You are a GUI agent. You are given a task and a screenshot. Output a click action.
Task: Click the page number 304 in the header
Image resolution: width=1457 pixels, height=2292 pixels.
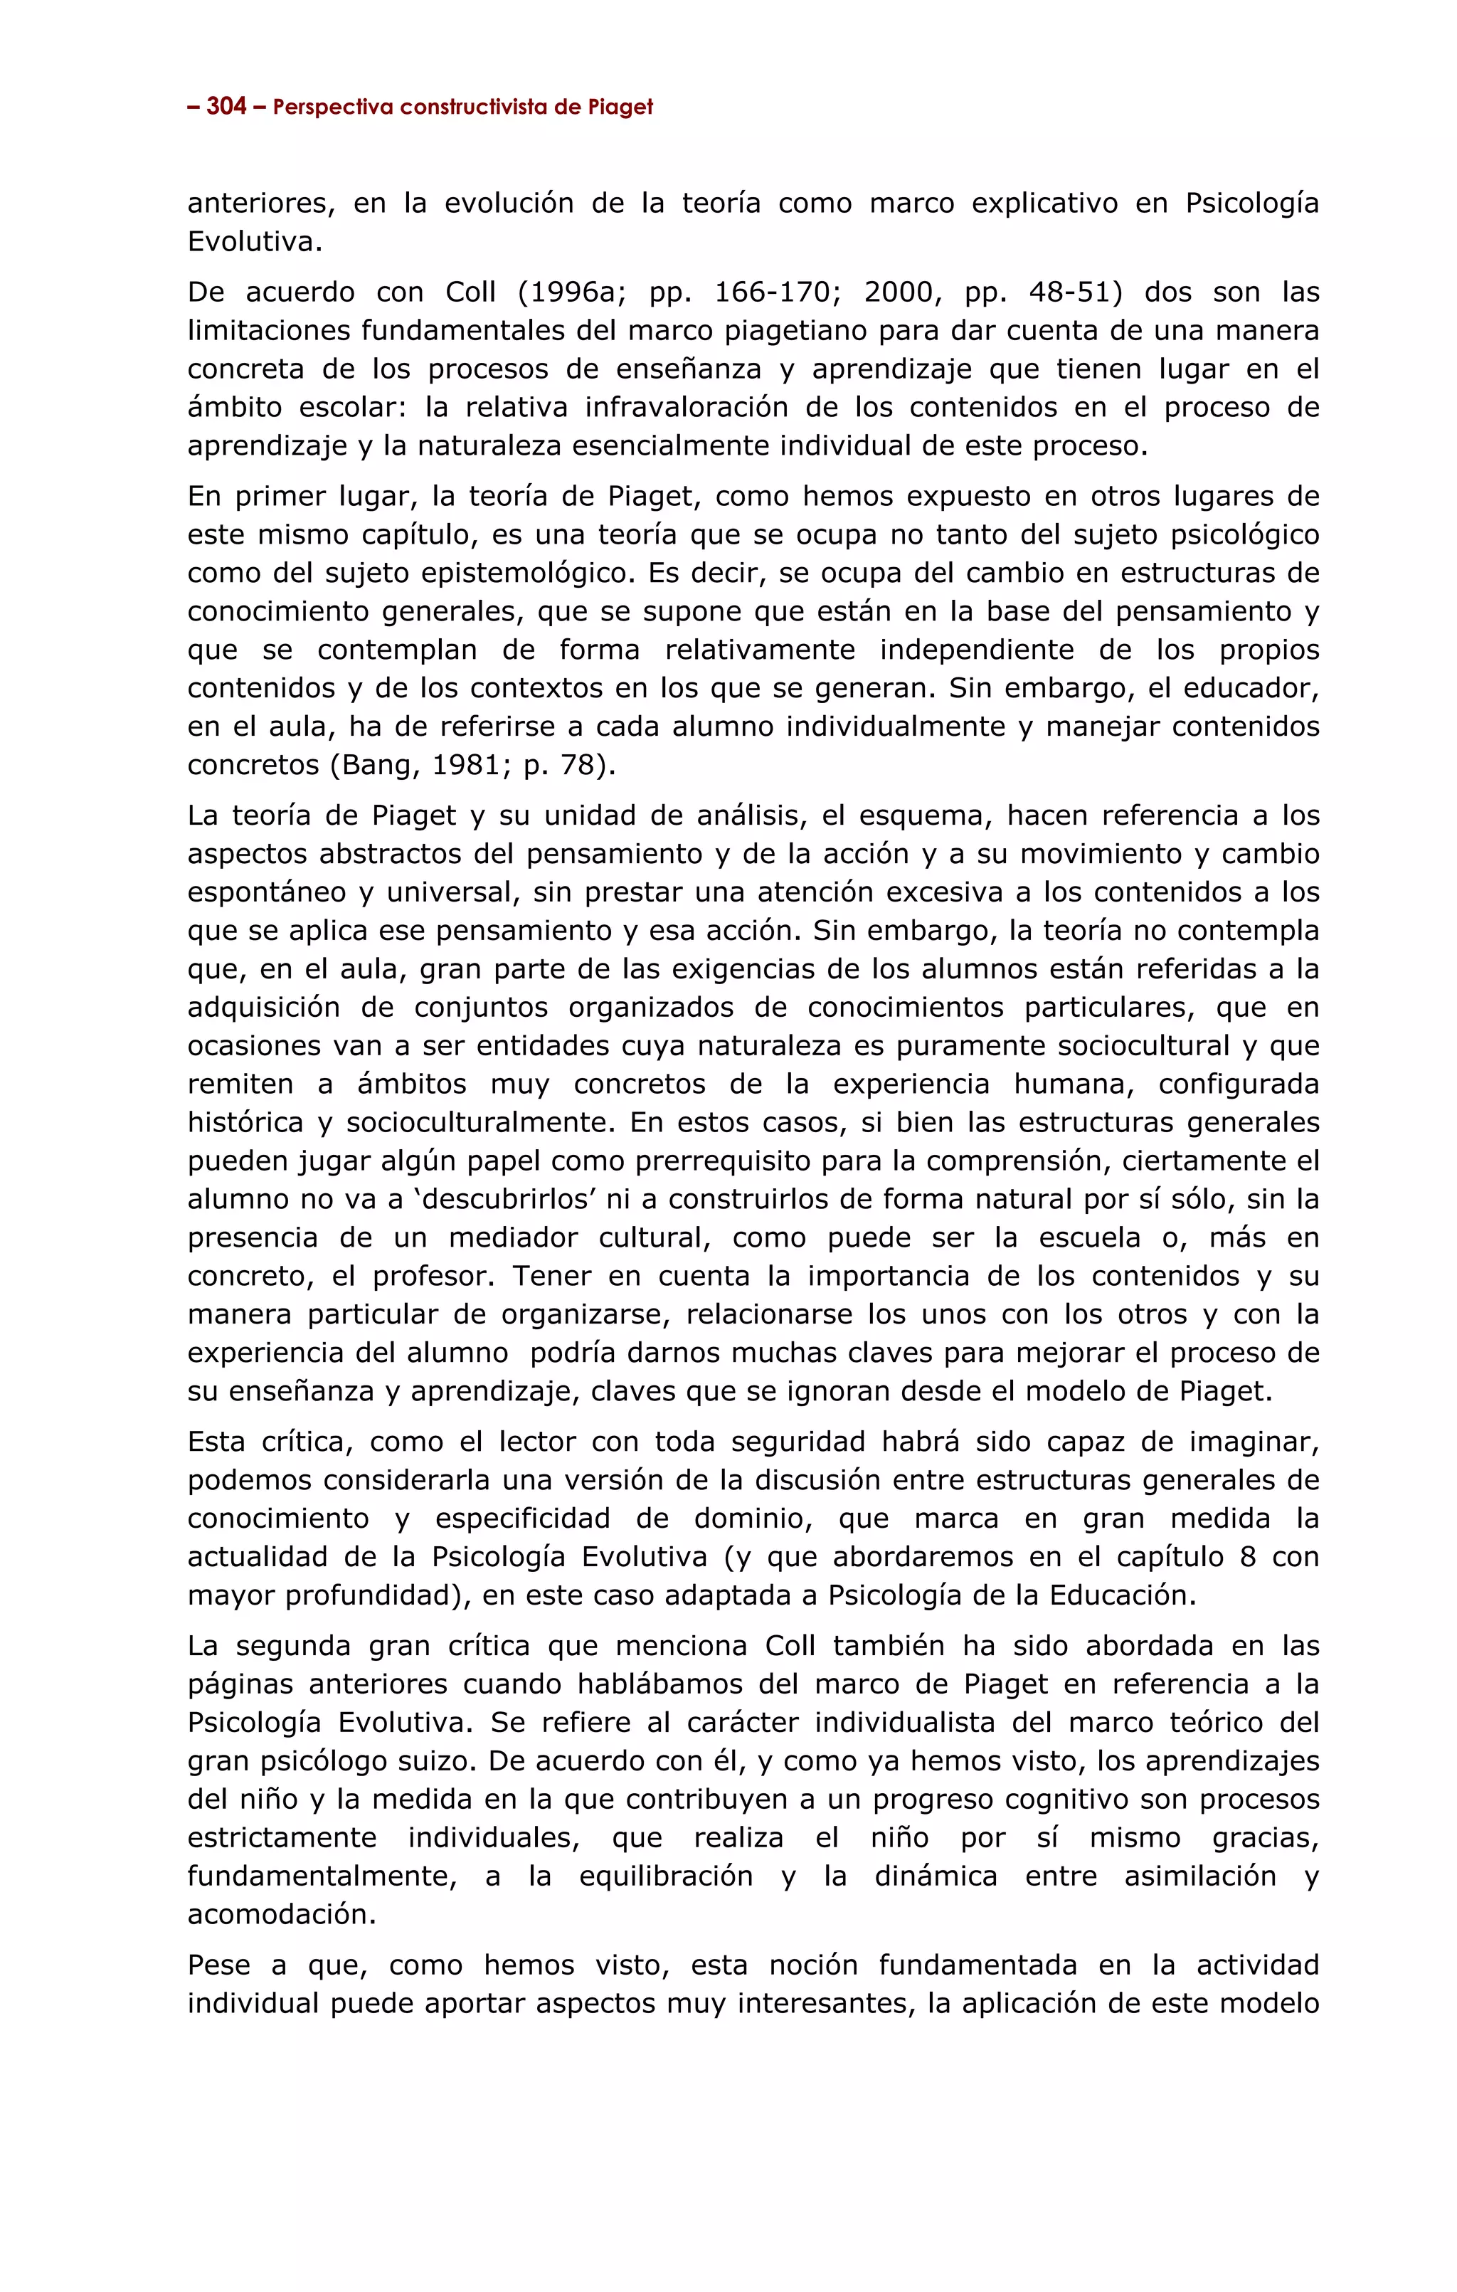coord(226,107)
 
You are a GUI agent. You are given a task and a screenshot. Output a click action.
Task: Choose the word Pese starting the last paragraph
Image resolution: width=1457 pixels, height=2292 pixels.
coord(222,1965)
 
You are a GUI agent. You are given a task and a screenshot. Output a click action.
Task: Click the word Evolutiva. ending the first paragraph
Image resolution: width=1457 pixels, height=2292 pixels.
coord(254,242)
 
